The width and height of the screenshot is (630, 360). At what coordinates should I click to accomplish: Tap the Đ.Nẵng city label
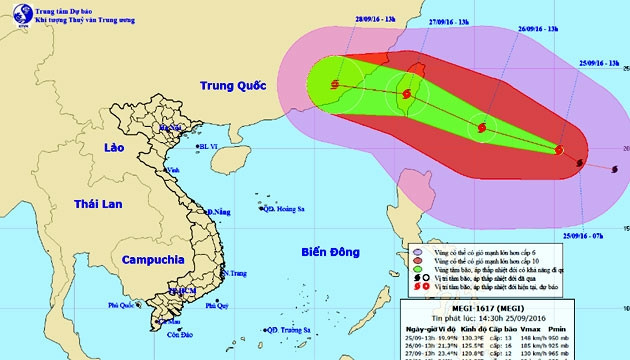pos(218,212)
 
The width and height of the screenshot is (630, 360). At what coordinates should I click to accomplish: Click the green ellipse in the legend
pos(417,270)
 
